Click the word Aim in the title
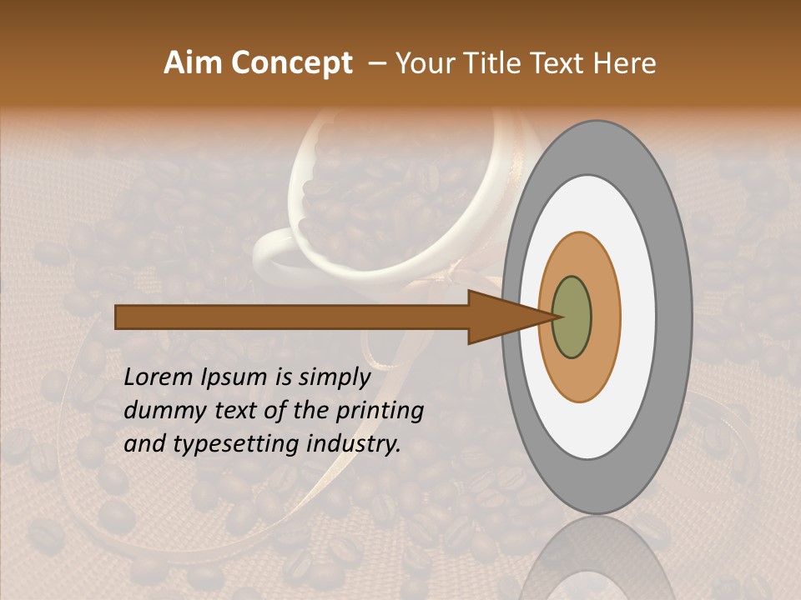tap(194, 63)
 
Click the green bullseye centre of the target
tap(572, 317)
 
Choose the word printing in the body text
tap(380, 411)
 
